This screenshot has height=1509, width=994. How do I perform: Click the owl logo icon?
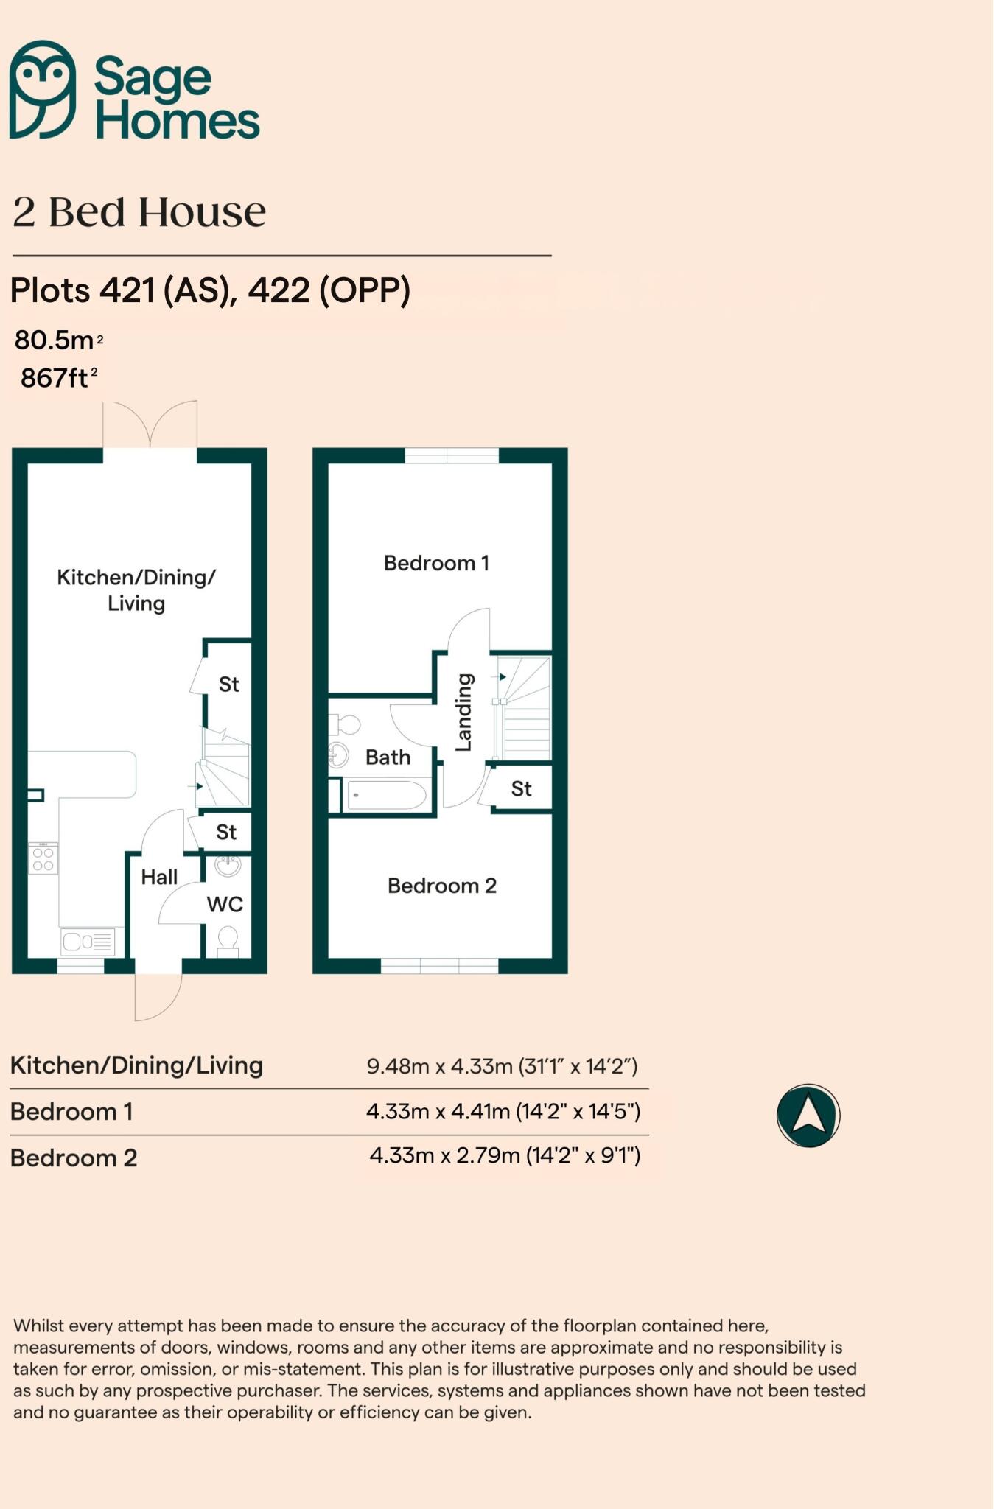[43, 89]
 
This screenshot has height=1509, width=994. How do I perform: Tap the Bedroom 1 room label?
[436, 563]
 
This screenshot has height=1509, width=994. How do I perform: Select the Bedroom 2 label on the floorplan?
[442, 885]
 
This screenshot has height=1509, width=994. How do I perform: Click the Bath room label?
[388, 757]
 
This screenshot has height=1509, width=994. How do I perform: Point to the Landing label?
[463, 712]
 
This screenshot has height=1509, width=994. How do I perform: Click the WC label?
[225, 904]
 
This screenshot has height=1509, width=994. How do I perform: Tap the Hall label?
[159, 877]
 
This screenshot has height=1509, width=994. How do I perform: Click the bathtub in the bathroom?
[386, 795]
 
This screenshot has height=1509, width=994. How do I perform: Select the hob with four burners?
[43, 859]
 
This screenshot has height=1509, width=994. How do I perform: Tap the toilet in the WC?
[228, 940]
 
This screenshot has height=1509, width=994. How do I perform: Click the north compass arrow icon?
[808, 1115]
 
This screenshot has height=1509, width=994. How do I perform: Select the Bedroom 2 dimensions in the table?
[505, 1155]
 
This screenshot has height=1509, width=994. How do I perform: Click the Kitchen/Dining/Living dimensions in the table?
[502, 1066]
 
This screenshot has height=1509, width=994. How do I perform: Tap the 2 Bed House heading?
[139, 212]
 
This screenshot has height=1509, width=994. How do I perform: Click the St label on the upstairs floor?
[521, 789]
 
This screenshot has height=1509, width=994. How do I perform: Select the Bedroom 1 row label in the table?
[71, 1111]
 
